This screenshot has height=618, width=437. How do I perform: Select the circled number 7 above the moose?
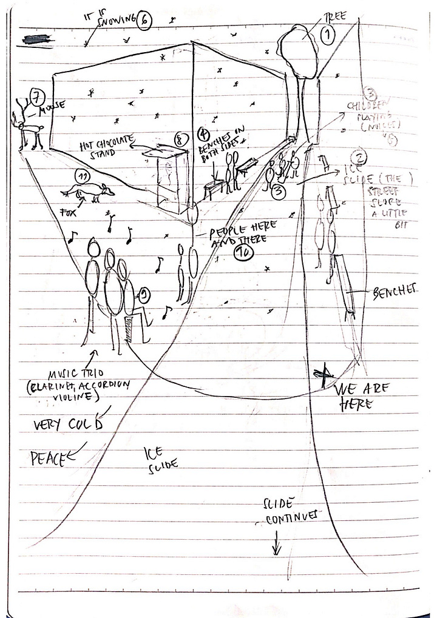coord(38,96)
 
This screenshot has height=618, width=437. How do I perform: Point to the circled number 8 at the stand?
coord(178,139)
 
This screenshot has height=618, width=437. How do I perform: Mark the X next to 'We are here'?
coord(325,372)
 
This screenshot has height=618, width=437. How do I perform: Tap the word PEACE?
coord(47,458)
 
